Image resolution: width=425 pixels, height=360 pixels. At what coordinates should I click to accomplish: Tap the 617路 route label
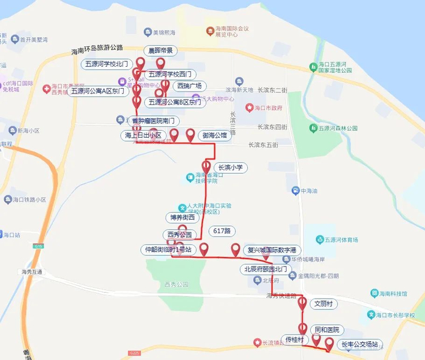[x=222, y=231]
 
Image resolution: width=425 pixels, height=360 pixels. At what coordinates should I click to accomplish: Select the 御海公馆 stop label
[x=214, y=136]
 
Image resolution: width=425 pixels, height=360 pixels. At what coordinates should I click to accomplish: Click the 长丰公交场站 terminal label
[x=361, y=345]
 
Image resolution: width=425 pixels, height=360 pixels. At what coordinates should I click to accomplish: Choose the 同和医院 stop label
[x=326, y=330]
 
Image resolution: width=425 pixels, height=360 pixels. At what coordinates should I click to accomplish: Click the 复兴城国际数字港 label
[x=272, y=250]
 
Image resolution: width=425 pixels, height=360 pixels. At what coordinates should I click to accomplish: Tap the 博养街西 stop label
[x=182, y=217]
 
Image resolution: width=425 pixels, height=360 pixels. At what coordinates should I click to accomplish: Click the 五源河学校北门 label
[x=107, y=63]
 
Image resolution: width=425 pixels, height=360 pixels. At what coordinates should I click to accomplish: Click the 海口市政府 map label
[x=268, y=108]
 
